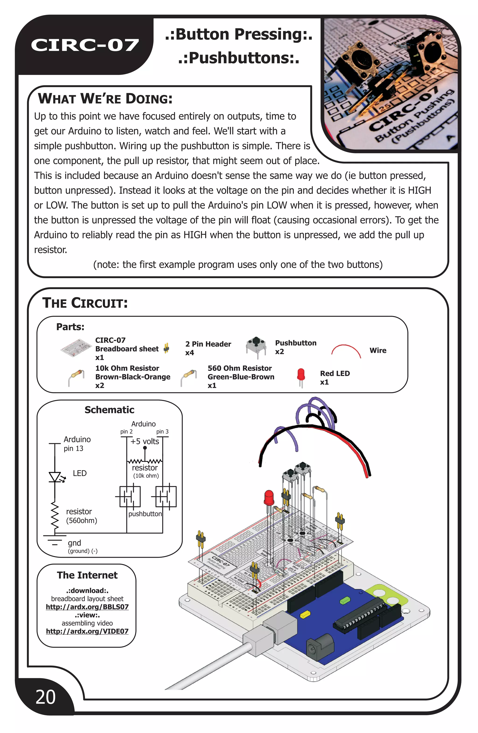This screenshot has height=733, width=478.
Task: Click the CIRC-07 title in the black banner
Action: (x=85, y=45)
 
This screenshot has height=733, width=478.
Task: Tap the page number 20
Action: (x=46, y=697)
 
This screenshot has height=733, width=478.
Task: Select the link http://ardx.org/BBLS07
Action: (x=87, y=607)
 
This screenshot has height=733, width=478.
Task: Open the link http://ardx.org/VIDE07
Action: (x=87, y=631)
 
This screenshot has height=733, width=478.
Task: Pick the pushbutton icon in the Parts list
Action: (x=256, y=347)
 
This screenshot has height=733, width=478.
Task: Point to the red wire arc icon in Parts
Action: (x=346, y=351)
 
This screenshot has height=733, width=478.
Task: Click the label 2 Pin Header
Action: (x=208, y=344)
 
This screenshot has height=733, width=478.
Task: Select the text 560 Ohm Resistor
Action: (x=240, y=368)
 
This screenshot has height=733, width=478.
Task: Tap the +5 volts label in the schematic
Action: (x=144, y=441)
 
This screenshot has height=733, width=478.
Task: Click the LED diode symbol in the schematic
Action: (x=55, y=477)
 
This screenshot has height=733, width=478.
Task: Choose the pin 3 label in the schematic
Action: (x=162, y=431)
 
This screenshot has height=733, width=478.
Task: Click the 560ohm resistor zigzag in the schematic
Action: (x=55, y=515)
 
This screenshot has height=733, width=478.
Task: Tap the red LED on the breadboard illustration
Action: (x=269, y=497)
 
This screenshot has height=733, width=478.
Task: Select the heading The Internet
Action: (x=87, y=575)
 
